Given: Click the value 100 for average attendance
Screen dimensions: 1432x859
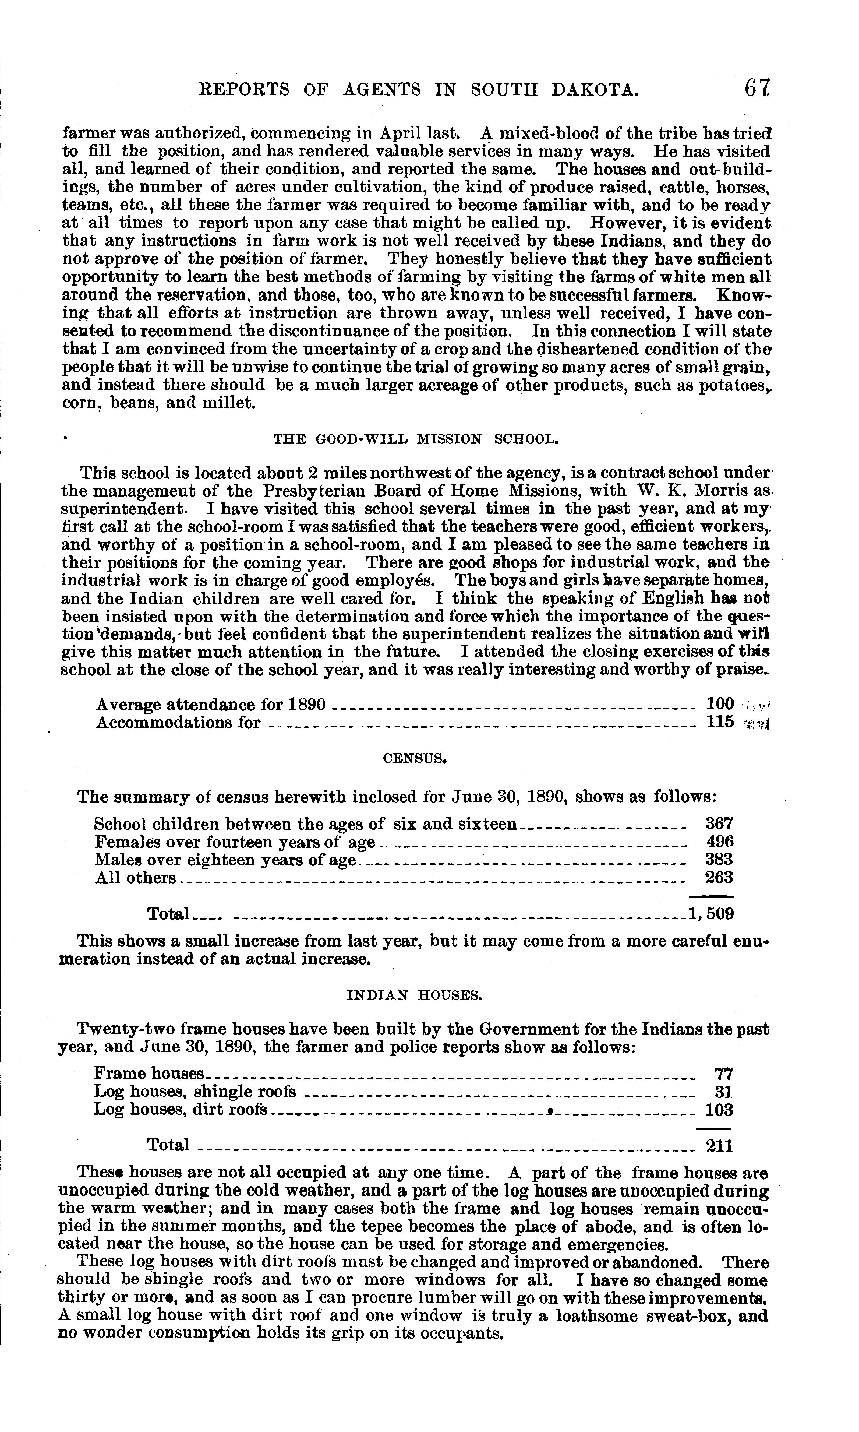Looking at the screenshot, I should pos(720,705).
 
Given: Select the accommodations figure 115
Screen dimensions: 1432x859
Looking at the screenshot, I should pos(720,723).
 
